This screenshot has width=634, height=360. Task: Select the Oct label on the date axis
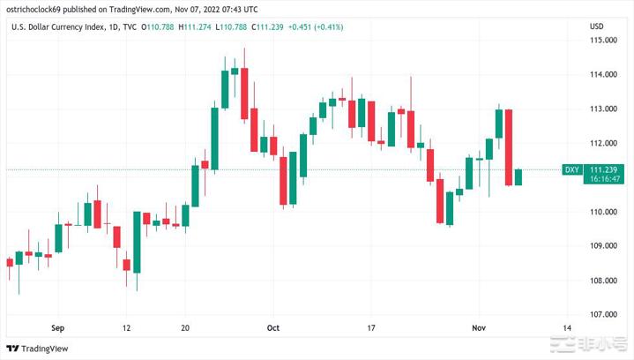click(273, 327)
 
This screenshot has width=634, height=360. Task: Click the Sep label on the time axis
click(59, 327)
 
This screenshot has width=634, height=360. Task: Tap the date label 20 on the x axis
click(184, 327)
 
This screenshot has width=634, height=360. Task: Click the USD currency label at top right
click(596, 26)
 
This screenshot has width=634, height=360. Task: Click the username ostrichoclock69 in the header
click(37, 10)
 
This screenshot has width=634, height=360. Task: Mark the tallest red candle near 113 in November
click(509, 146)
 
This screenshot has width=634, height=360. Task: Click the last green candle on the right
click(518, 176)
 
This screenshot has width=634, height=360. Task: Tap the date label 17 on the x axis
click(371, 327)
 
